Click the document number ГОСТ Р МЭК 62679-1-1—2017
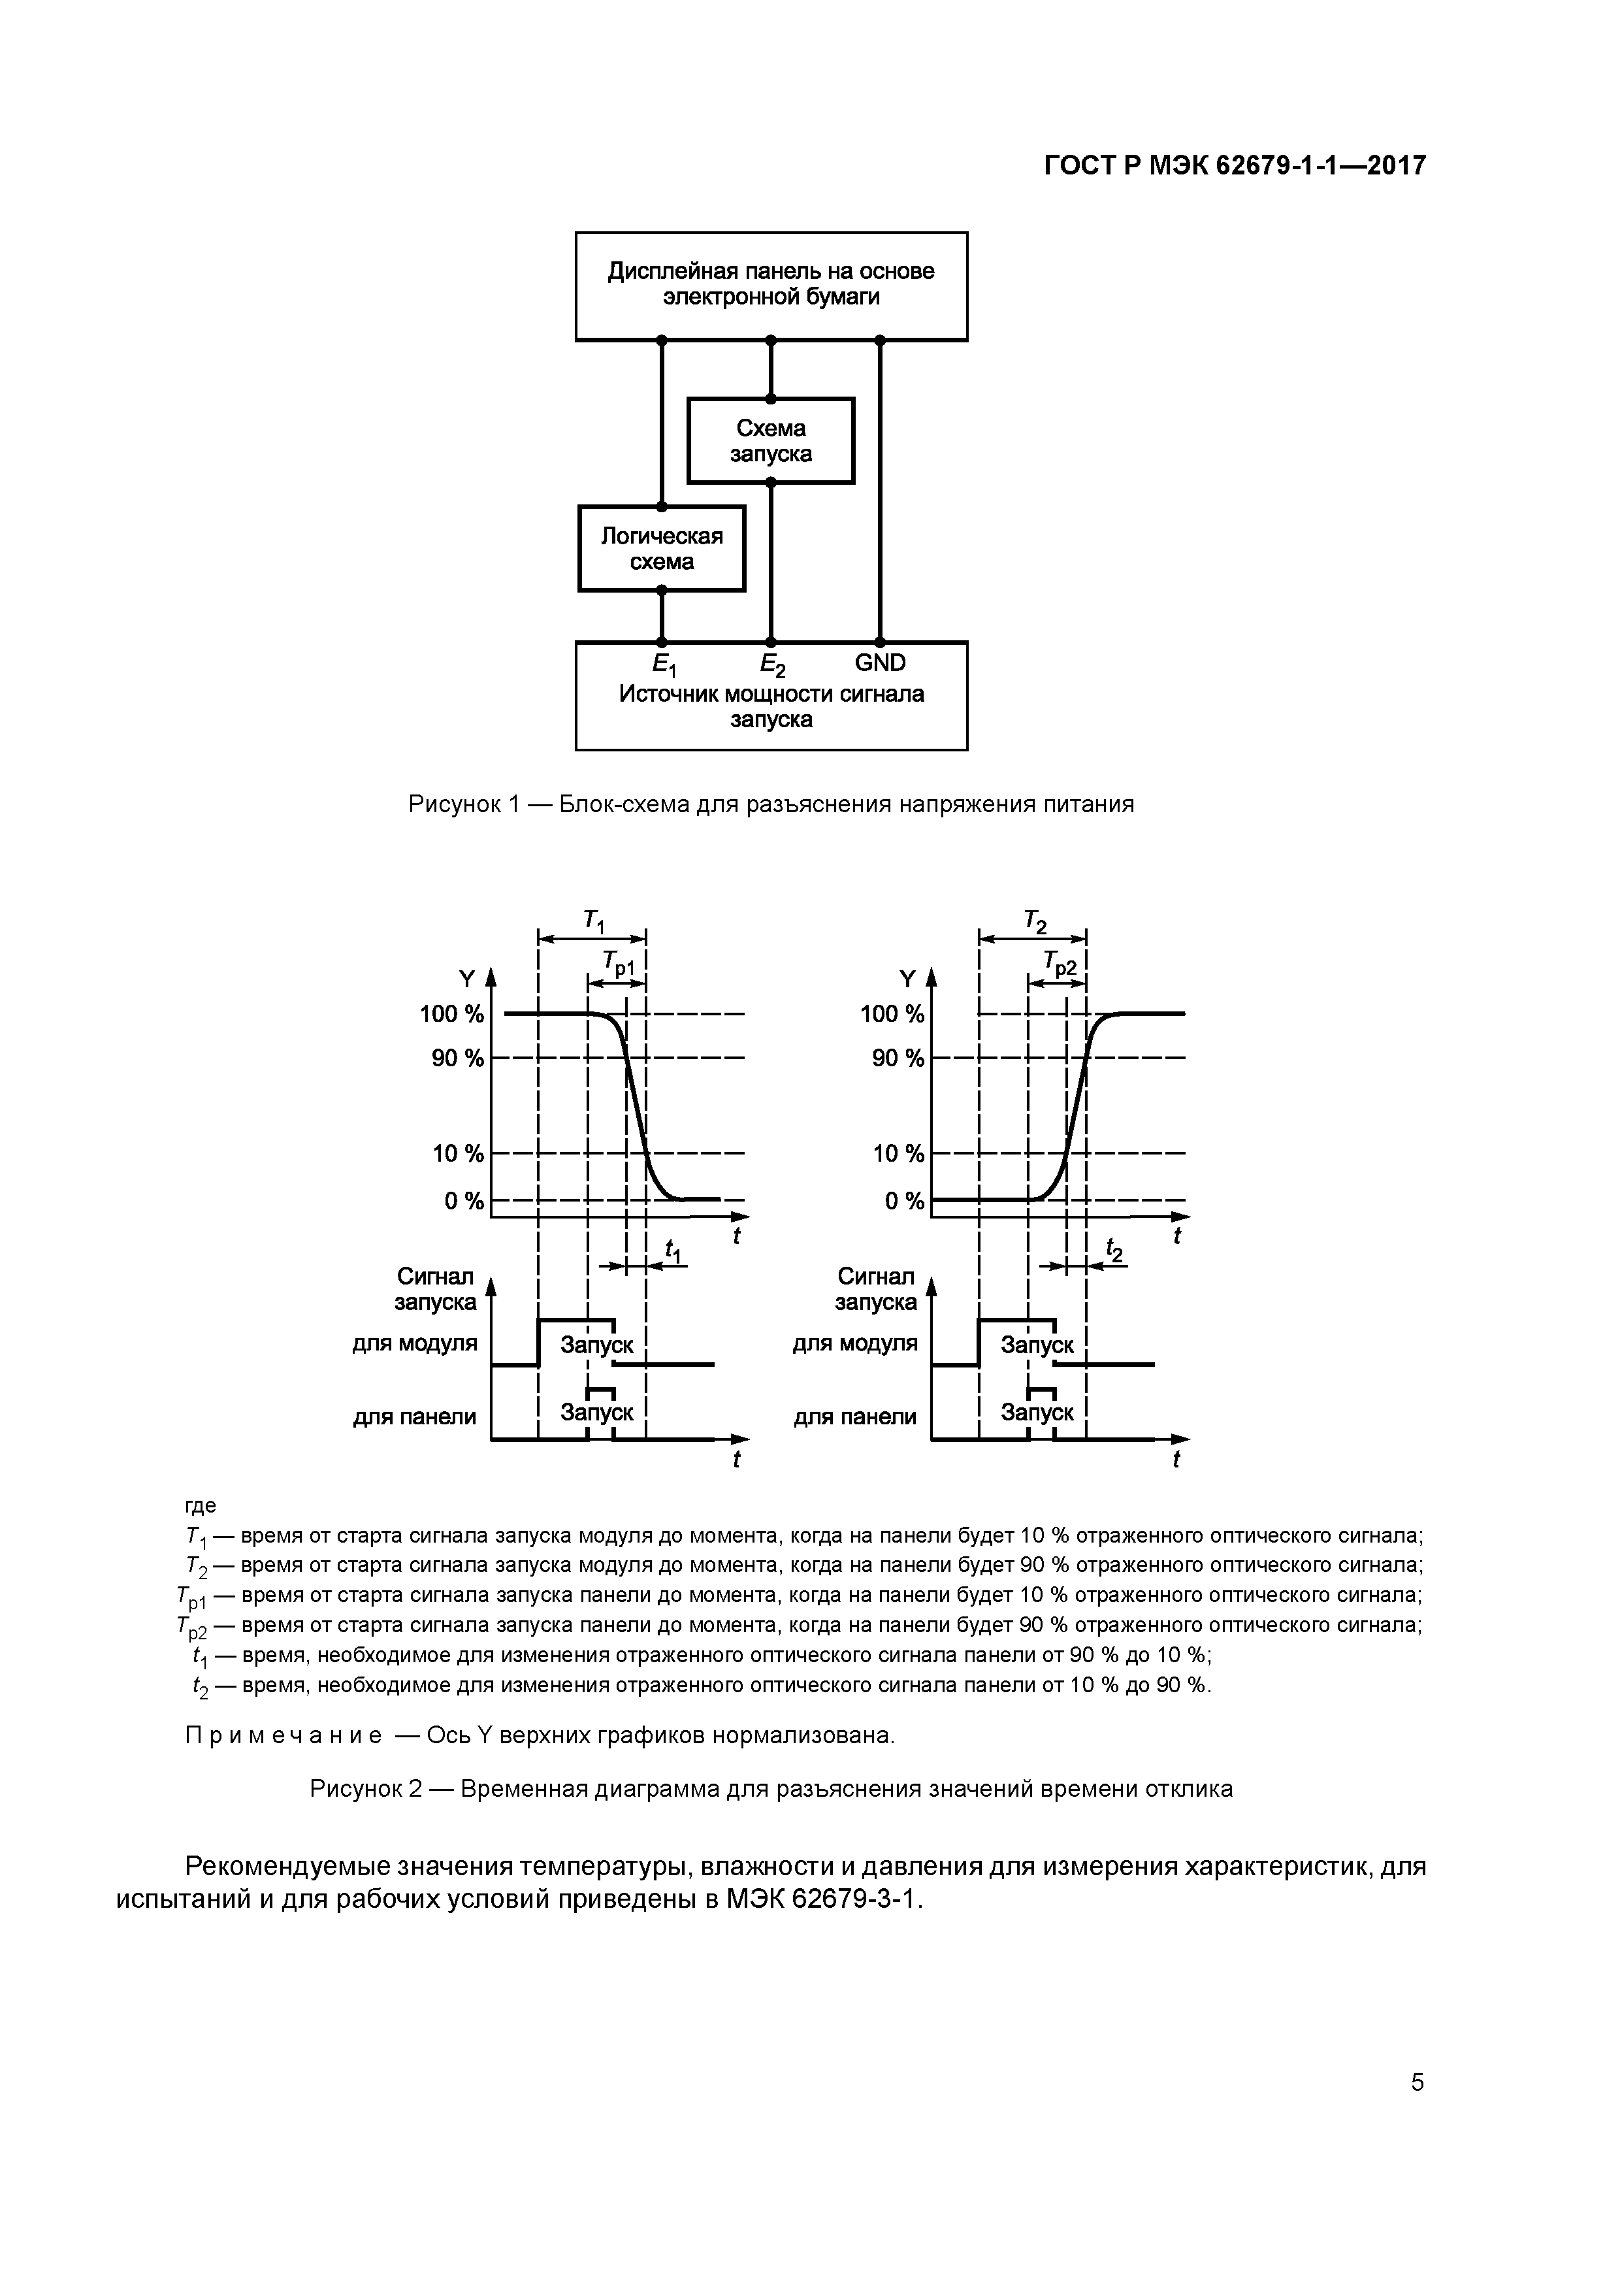(1235, 166)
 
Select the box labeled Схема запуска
(771, 441)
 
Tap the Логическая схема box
(661, 549)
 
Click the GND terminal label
(879, 663)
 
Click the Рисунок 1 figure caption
(771, 804)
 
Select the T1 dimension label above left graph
(594, 921)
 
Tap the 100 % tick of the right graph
(892, 1014)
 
